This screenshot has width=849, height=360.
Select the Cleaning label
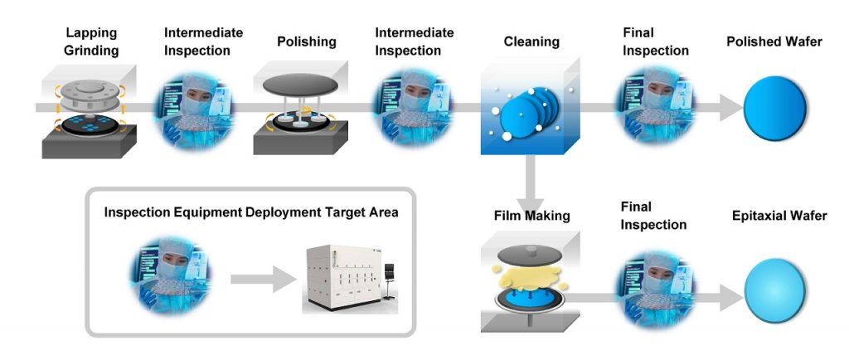pyautogui.click(x=531, y=41)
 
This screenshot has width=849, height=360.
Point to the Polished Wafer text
pyautogui.click(x=774, y=41)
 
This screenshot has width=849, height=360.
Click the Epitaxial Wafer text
pyautogui.click(x=779, y=216)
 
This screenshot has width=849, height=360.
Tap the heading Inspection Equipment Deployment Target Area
pyautogui.click(x=251, y=212)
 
